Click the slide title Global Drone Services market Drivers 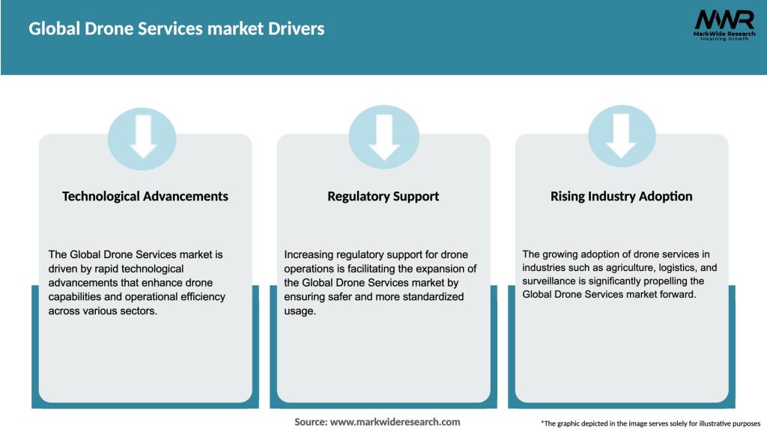pyautogui.click(x=177, y=29)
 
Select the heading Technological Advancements pyautogui.click(x=145, y=196)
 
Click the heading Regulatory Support pyautogui.click(x=383, y=196)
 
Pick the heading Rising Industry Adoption pyautogui.click(x=621, y=196)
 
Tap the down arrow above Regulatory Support pyautogui.click(x=383, y=138)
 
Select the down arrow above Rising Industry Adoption pyautogui.click(x=622, y=138)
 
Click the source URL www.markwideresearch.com pyautogui.click(x=395, y=422)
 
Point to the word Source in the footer pyautogui.click(x=310, y=422)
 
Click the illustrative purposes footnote pyautogui.click(x=650, y=424)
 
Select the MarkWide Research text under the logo pyautogui.click(x=724, y=33)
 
